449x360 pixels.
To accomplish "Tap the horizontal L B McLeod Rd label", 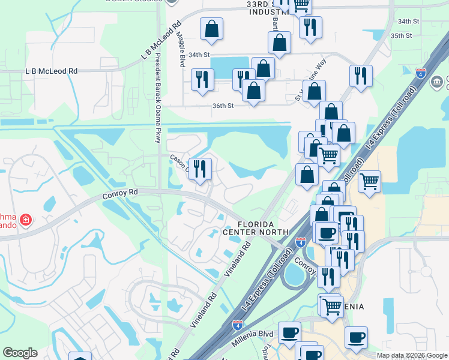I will [x=52, y=71].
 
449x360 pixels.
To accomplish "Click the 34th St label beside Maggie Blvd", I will [x=198, y=55].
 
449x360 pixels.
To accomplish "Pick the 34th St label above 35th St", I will [x=408, y=22].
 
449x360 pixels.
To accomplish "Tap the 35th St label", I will [x=401, y=36].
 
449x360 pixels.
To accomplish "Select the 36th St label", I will [x=221, y=106].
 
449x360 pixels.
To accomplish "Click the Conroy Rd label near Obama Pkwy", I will [x=120, y=193].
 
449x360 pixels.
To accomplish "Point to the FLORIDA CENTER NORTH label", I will [x=256, y=227].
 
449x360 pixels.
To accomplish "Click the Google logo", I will [x=20, y=352].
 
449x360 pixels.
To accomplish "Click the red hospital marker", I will [x=26, y=220].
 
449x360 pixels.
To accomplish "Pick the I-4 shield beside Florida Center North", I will [x=301, y=242].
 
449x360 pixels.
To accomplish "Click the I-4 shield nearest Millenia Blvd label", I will [x=238, y=325].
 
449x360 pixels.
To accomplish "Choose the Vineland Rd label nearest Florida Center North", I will [x=238, y=259].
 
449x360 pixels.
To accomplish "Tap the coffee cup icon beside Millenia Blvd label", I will [x=289, y=332].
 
